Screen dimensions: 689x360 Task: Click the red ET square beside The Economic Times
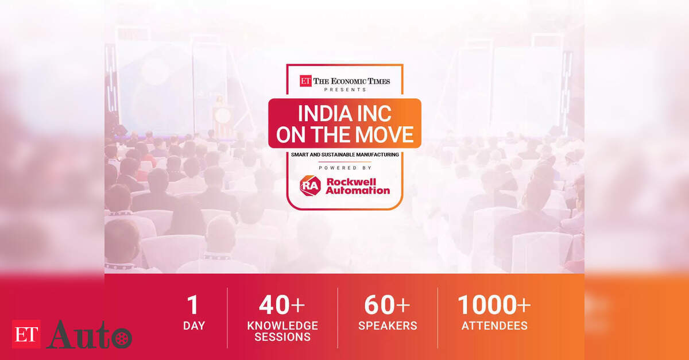[305, 81]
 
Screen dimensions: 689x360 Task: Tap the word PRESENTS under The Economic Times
[345, 90]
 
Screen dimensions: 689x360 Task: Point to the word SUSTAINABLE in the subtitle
[338, 154]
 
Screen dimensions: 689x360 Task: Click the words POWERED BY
[345, 168]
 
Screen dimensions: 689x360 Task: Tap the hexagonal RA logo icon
[310, 185]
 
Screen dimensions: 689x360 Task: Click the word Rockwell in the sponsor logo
[351, 181]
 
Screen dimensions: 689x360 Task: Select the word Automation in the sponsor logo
[358, 191]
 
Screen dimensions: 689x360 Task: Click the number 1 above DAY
[193, 305]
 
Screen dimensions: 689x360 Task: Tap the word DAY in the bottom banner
[194, 326]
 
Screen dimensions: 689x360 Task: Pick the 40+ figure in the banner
[282, 305]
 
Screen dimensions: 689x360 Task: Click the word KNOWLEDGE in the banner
[282, 326]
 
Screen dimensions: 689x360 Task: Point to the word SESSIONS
[282, 337]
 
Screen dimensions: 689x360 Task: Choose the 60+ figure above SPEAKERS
[387, 305]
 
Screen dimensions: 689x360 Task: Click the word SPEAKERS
[388, 326]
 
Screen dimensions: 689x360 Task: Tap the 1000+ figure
[494, 305]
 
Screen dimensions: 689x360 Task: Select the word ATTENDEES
[494, 326]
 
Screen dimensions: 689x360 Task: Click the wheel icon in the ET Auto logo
[122, 338]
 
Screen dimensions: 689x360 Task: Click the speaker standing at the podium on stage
[220, 102]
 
